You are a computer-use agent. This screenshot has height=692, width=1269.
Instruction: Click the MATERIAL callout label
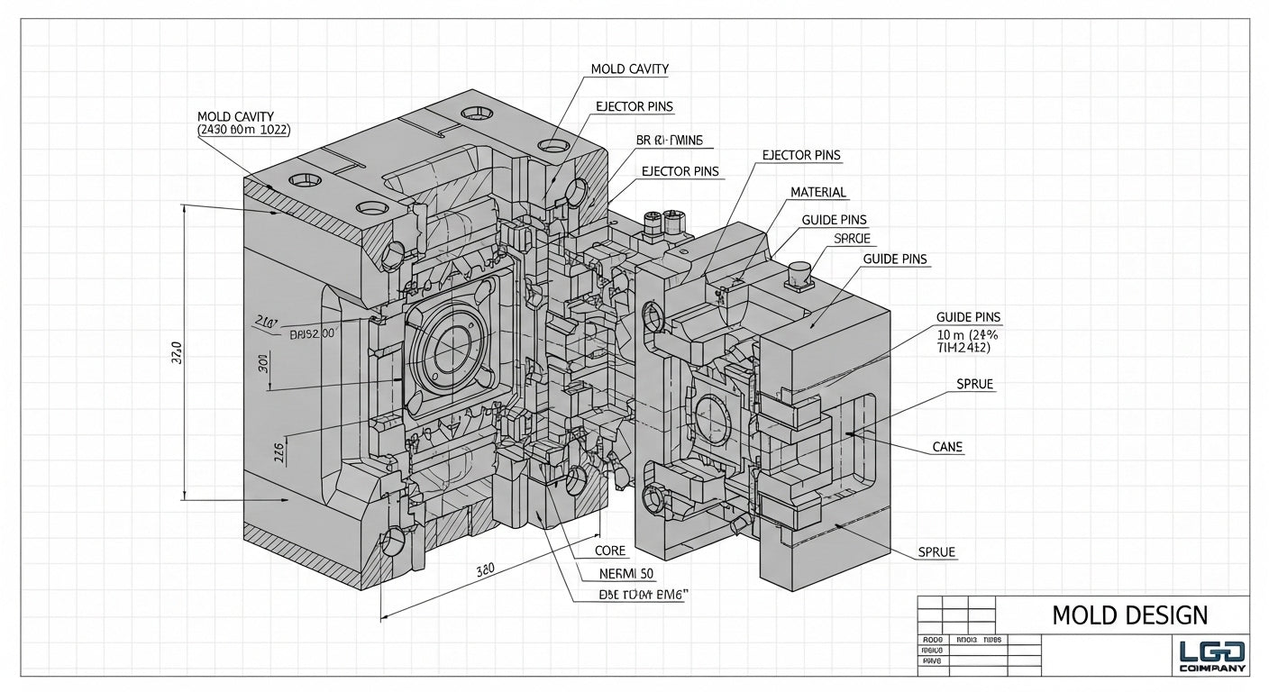[818, 192]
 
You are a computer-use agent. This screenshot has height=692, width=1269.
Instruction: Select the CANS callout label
[948, 448]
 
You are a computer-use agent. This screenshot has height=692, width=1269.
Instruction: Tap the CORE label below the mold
[610, 551]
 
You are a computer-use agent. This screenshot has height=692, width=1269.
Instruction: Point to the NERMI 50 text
[626, 573]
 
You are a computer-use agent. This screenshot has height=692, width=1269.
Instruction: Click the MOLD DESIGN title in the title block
[1129, 615]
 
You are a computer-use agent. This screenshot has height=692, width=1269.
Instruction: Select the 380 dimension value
[486, 569]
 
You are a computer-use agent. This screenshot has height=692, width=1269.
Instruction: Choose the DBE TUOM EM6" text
[644, 595]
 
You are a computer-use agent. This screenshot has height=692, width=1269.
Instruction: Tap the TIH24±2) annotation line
[964, 348]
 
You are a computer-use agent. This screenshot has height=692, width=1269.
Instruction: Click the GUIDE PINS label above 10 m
[968, 317]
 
